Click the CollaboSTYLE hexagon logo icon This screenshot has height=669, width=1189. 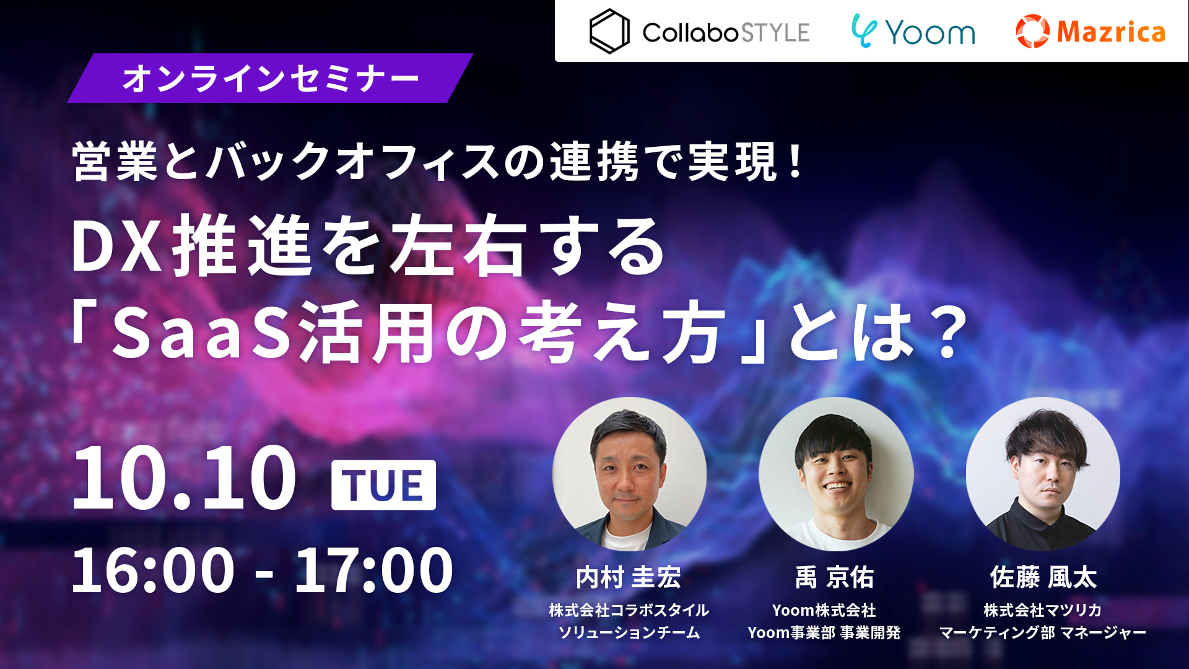point(609,31)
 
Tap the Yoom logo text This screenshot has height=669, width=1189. point(930,32)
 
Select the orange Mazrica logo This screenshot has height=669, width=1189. point(1091,31)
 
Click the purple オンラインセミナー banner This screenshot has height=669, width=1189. point(270,78)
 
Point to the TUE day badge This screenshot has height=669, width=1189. point(383,485)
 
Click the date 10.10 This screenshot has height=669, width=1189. point(184,478)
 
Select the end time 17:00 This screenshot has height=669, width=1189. point(374,570)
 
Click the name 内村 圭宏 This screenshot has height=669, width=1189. point(629,577)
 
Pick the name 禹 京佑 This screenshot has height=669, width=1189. point(835,577)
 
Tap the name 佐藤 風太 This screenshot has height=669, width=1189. point(1043,577)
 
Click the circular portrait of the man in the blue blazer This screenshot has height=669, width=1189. point(629,474)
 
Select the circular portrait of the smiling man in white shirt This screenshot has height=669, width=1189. point(836,474)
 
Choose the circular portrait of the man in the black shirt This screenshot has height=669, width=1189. point(1043,474)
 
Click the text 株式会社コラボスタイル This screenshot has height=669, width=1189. point(629,610)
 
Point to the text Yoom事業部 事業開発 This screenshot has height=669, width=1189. point(824,632)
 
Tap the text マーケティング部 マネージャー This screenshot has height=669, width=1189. point(1043,632)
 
